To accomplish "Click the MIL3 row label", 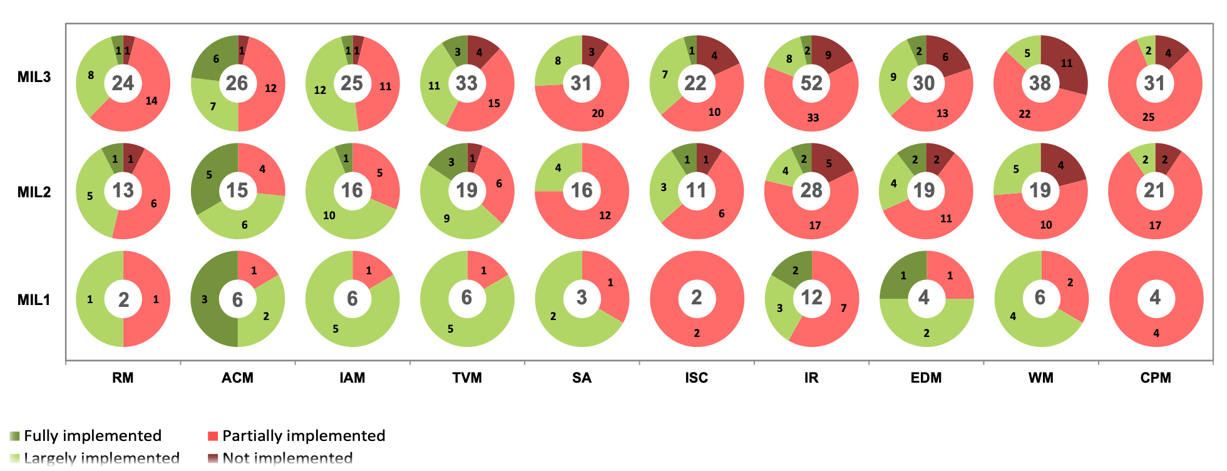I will pos(34,77).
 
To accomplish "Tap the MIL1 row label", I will pos(34,299).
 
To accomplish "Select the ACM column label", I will pos(237,378).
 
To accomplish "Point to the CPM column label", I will pos(1155,378).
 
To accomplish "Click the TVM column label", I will pos(467,378).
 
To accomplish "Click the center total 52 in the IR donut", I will pos(811,83).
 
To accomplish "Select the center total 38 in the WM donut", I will pos(1040,83).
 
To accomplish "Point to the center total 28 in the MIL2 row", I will pos(811,190).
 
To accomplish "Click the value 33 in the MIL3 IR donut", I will pos(813,118).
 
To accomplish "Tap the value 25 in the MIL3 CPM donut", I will pos(1148,117).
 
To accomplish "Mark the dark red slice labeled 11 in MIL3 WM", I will pos(1066,64).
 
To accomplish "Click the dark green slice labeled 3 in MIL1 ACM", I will pos(205,299).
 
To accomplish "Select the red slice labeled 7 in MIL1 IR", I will pos(843,308).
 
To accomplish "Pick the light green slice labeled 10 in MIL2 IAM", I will pos(330,215).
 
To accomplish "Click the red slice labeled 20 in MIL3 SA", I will pos(597,113).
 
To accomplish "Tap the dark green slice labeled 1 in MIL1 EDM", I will pos(903,276).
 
